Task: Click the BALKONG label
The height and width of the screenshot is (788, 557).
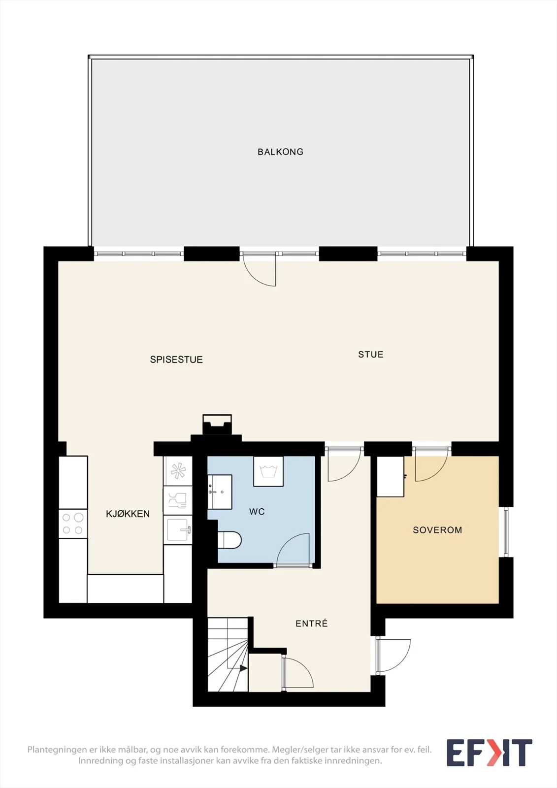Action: pyautogui.click(x=280, y=152)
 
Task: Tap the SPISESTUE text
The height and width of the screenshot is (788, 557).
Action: pyautogui.click(x=176, y=360)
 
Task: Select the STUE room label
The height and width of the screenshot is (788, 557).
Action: pyautogui.click(x=370, y=354)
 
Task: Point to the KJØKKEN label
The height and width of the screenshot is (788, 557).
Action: pyautogui.click(x=128, y=514)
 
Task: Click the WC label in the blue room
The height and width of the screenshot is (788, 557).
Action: pyautogui.click(x=257, y=512)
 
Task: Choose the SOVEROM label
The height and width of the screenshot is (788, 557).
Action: pyautogui.click(x=437, y=530)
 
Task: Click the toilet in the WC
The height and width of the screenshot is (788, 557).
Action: pyautogui.click(x=229, y=540)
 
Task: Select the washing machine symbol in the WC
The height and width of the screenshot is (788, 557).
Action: pyautogui.click(x=268, y=471)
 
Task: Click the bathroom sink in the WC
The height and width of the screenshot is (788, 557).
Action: pyautogui.click(x=220, y=492)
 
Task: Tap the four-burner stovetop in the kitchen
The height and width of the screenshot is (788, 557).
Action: pyautogui.click(x=73, y=524)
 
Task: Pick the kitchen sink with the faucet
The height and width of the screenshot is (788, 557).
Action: pyautogui.click(x=178, y=530)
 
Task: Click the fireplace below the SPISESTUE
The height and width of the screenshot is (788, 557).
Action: pyautogui.click(x=217, y=425)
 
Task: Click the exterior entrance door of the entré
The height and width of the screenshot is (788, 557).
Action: pyautogui.click(x=393, y=655)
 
